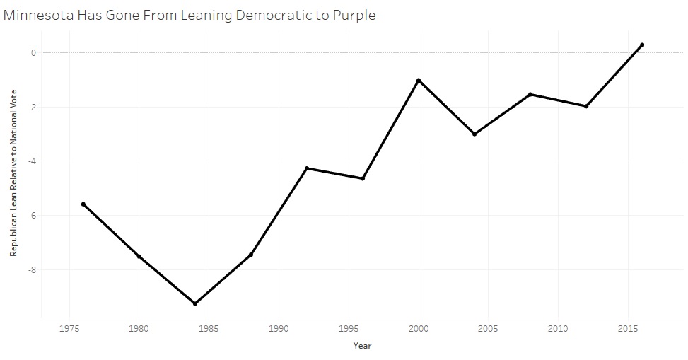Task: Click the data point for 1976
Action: (83, 204)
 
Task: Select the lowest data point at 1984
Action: (195, 303)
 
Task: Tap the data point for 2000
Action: (419, 81)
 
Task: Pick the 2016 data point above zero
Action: (642, 45)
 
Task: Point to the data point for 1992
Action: (307, 168)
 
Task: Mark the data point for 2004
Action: (474, 134)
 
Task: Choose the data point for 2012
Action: (586, 106)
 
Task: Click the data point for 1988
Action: (251, 255)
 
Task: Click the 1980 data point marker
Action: (139, 256)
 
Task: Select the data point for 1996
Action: (363, 178)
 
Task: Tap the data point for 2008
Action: (530, 94)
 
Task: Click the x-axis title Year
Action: (362, 346)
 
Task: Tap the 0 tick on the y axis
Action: (33, 52)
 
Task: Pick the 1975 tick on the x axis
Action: (69, 329)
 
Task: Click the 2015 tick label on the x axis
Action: (627, 329)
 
